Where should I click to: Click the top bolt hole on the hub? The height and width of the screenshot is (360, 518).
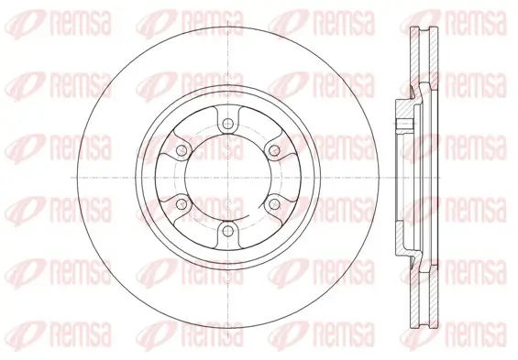coord(227,124)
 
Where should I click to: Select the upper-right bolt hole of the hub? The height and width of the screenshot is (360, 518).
coord(273,151)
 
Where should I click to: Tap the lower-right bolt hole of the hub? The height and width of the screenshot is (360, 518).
coord(273,204)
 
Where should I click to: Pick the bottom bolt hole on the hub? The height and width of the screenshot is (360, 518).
coord(227,231)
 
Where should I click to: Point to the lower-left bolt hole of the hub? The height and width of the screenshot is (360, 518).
coord(182,204)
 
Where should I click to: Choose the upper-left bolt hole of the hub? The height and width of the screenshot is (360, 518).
coord(182,151)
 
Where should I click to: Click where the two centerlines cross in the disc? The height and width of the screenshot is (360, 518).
coord(227,178)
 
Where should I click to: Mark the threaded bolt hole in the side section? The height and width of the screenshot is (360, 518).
coord(404,125)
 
